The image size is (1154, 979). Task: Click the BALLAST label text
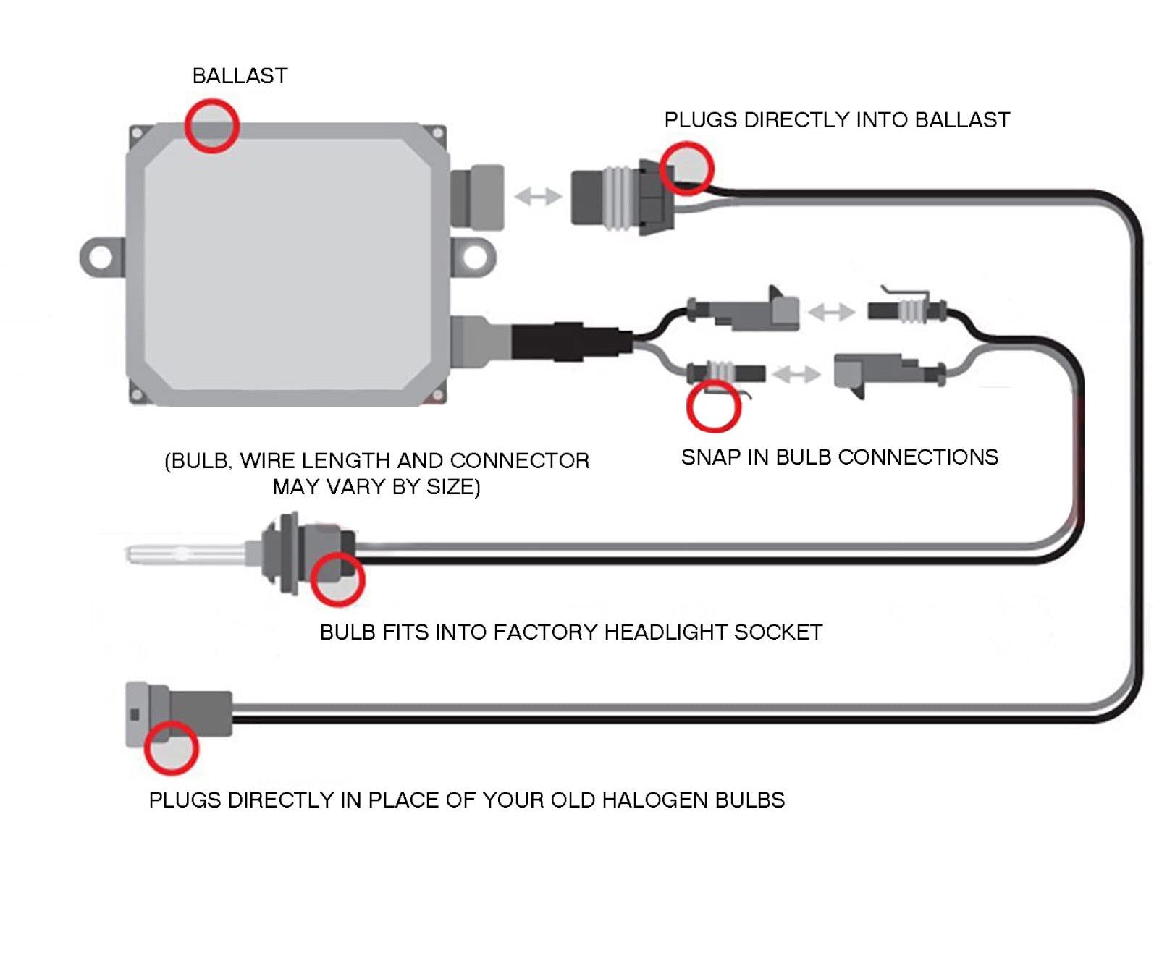click(240, 76)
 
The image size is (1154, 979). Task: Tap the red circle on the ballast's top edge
click(211, 126)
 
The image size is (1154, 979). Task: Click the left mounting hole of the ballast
click(101, 257)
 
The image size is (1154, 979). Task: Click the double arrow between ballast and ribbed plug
click(538, 196)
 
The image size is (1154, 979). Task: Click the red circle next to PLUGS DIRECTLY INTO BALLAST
click(686, 168)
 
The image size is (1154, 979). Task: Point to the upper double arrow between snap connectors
click(832, 312)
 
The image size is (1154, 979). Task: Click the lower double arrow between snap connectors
click(796, 374)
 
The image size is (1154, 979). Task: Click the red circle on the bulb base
click(337, 579)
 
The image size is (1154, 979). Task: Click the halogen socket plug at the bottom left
click(181, 713)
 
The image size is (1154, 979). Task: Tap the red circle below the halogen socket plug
click(171, 748)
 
